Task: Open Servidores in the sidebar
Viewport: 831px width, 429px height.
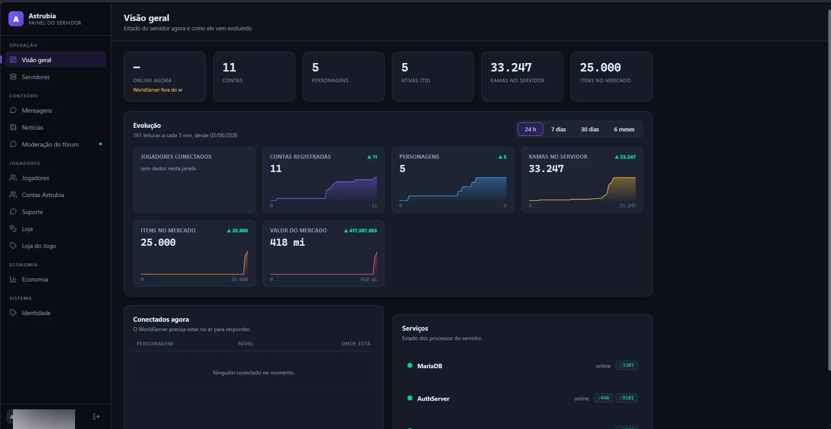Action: point(36,77)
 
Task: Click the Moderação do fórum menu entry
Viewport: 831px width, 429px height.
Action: point(50,144)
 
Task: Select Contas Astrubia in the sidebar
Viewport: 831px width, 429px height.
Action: point(43,195)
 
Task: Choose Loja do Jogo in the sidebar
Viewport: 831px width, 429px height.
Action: point(39,246)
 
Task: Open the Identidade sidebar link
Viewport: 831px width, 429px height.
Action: point(36,313)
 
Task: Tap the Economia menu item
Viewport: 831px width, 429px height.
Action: point(35,279)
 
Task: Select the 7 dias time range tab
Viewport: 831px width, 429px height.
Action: point(558,129)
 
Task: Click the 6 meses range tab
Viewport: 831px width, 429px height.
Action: point(624,129)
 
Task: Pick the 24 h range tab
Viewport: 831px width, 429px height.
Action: point(530,129)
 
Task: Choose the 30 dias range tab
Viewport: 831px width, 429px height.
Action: point(590,129)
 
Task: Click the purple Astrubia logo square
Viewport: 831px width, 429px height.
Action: point(16,19)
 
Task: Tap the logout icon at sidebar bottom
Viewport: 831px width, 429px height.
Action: point(96,416)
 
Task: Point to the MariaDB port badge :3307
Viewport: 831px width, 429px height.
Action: point(627,366)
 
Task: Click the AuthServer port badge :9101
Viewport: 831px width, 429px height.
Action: point(627,398)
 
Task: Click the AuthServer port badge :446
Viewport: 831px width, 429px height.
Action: point(604,398)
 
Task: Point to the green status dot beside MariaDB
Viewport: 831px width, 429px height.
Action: point(410,366)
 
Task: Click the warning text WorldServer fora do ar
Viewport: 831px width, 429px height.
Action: point(158,90)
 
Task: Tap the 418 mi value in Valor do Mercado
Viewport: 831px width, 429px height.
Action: point(287,242)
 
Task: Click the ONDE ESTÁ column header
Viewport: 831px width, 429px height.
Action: point(356,344)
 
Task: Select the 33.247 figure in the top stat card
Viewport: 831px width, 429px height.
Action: point(511,67)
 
